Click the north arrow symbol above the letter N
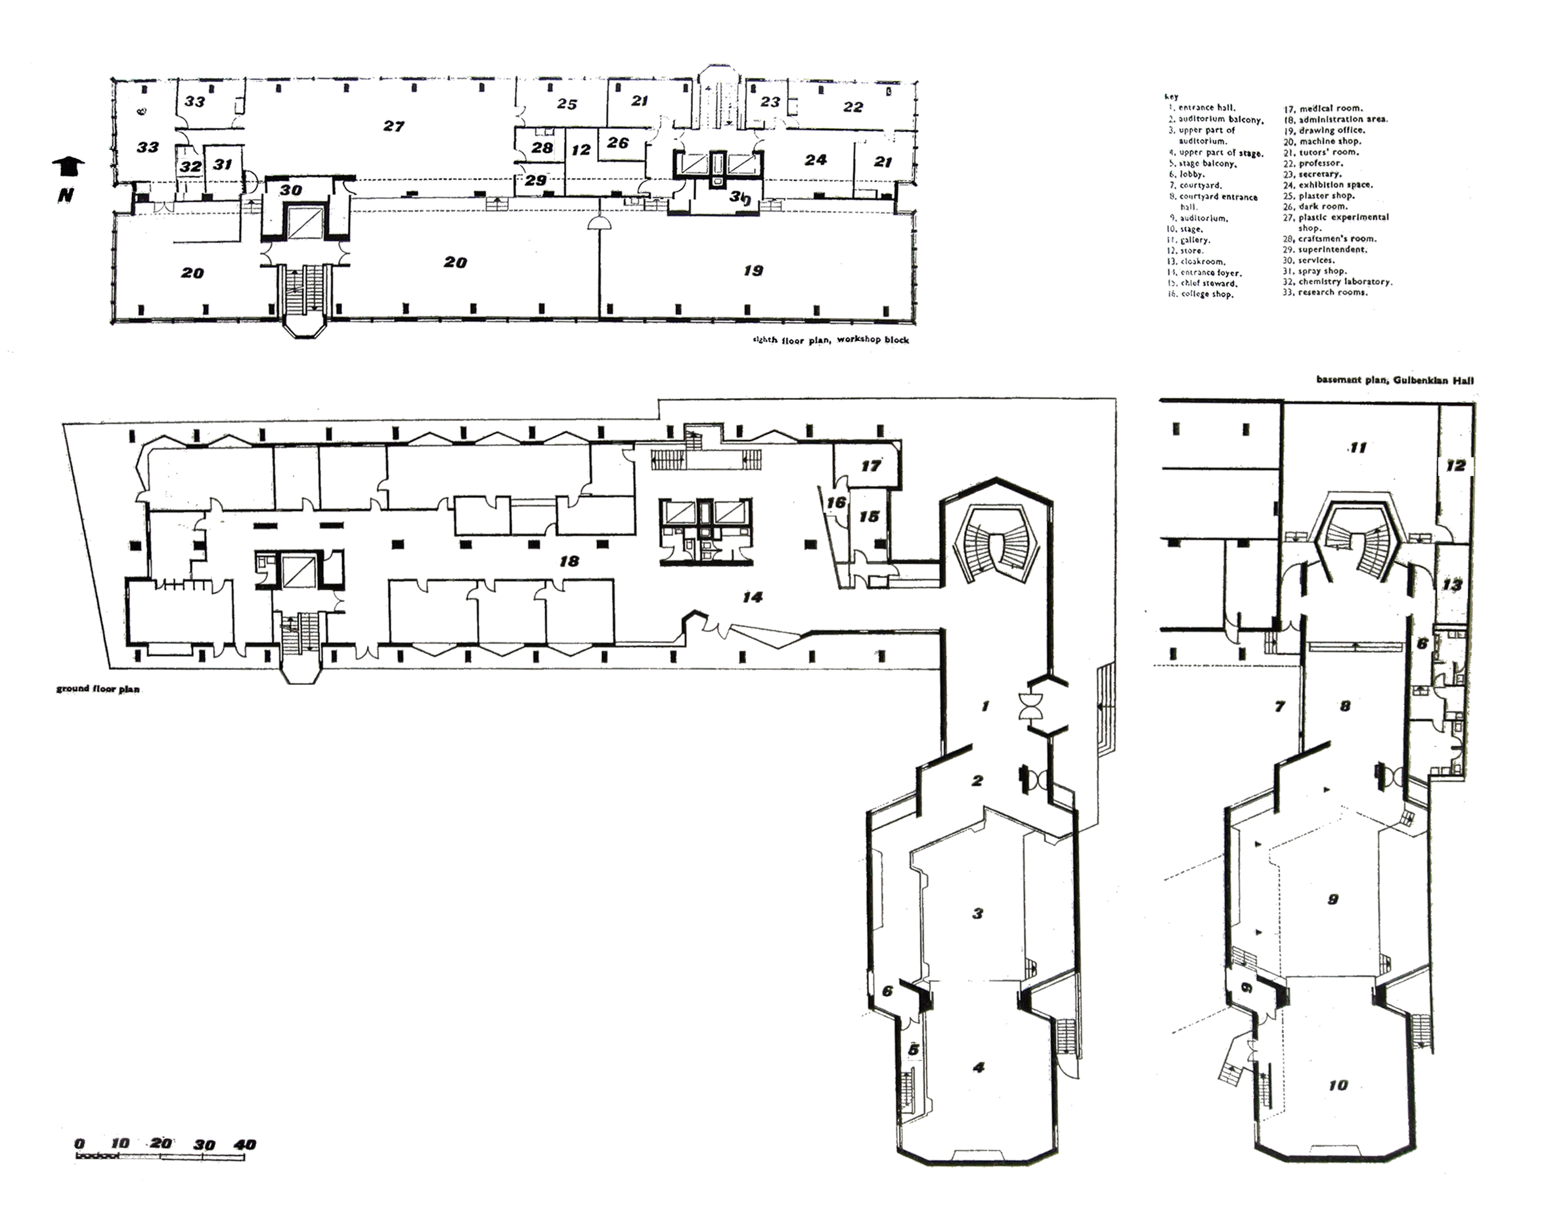(69, 166)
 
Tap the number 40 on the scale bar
(244, 1144)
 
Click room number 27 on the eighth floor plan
(393, 126)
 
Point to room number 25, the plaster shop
(567, 104)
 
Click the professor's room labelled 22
(852, 107)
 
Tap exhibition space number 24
(816, 160)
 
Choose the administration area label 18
(569, 562)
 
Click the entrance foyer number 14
(753, 596)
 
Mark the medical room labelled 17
(871, 466)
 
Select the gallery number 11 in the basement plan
(1358, 448)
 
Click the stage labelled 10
(1338, 1085)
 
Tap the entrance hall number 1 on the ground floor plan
(985, 706)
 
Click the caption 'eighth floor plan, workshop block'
(830, 339)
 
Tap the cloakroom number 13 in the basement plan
(1452, 586)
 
